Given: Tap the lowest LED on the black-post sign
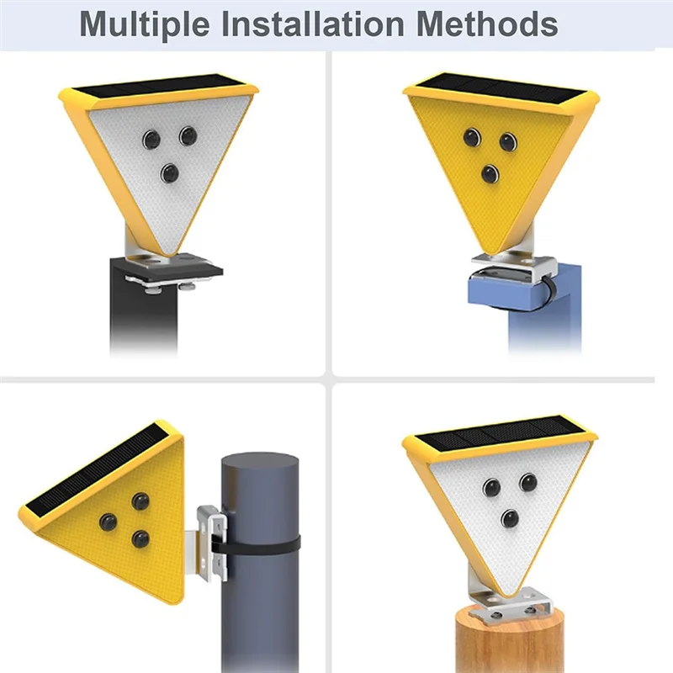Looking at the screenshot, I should [169, 172].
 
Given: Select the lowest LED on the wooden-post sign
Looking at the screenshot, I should [510, 517].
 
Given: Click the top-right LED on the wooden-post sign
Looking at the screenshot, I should [528, 482].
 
